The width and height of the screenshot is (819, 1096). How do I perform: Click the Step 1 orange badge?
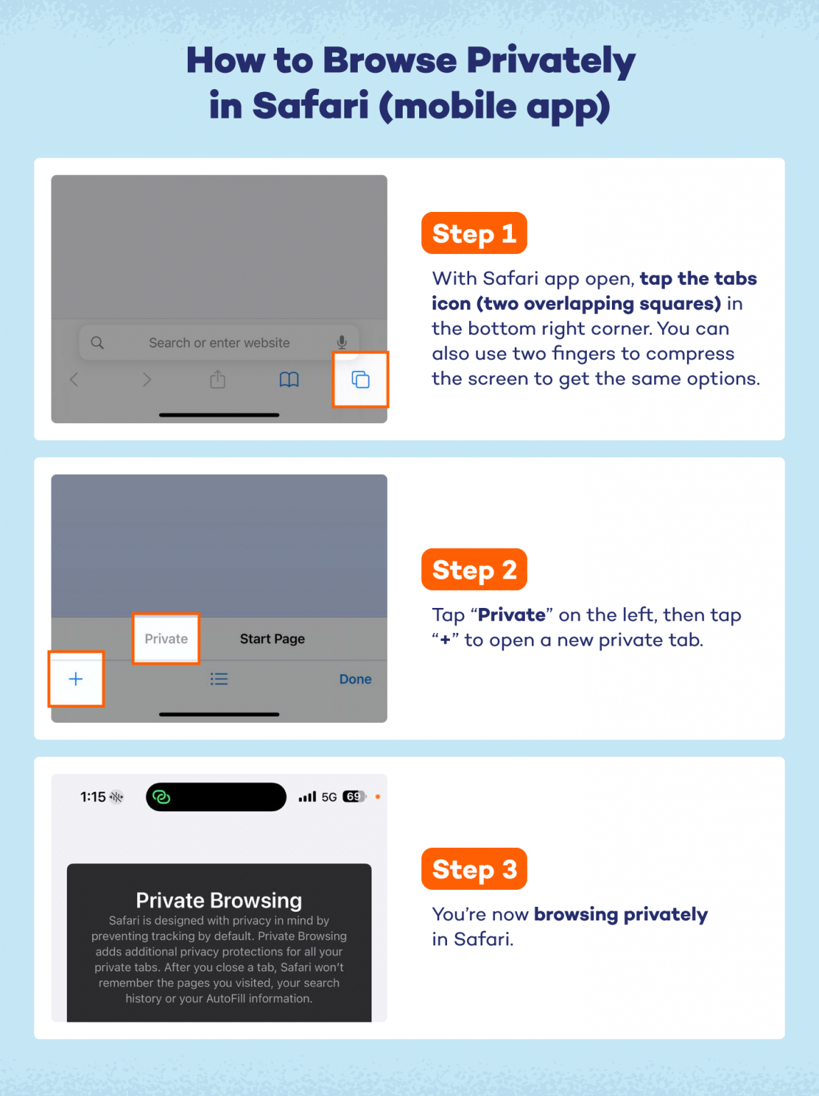point(474,233)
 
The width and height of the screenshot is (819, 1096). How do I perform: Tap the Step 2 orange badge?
point(474,569)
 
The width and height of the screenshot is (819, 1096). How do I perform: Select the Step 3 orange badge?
point(474,869)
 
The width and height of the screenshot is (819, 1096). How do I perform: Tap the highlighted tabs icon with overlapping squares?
point(361,380)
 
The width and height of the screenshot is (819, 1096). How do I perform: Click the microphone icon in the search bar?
point(342,342)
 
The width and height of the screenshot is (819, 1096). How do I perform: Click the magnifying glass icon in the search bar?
point(98,342)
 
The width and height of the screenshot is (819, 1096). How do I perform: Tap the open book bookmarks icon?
point(289,380)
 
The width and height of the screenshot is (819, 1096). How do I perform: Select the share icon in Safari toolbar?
point(218,380)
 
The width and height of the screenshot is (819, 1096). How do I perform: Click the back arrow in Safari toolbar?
point(74,380)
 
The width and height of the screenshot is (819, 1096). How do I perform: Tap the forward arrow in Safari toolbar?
point(146,380)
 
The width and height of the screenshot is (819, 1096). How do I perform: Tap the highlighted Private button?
point(166,639)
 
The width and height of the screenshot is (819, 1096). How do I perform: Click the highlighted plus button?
point(76,679)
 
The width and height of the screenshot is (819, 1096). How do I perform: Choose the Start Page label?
point(272,639)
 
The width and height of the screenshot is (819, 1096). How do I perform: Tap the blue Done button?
point(355,679)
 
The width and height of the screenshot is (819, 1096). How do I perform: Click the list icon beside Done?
point(219,679)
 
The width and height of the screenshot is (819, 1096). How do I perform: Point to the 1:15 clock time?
point(93,797)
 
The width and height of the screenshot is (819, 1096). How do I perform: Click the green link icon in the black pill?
point(161,797)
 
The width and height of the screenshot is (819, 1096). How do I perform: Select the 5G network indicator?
point(329,797)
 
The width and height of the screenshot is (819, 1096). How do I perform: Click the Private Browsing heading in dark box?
point(218,900)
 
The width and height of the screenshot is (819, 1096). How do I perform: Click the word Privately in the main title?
point(551,61)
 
